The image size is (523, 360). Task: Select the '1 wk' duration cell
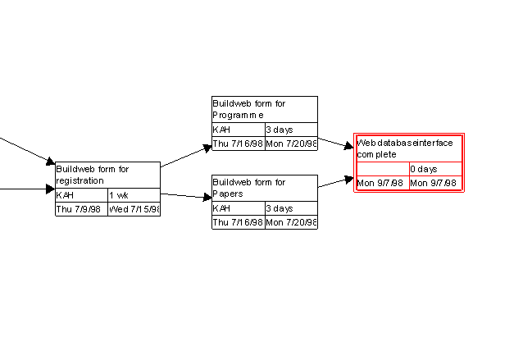pos(134,196)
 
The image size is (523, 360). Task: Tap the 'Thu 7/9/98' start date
pos(80,209)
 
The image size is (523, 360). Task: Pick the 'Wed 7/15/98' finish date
pos(134,209)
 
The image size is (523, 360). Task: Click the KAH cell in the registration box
pos(80,196)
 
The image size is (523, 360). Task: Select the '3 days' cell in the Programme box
pos(290,130)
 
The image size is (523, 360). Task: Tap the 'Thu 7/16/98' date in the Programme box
pos(238,144)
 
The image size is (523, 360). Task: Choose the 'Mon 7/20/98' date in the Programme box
pos(290,144)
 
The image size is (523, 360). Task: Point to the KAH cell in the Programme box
pos(238,130)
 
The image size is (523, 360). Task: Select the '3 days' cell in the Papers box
pos(290,209)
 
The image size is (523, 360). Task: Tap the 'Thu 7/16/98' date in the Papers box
pos(238,222)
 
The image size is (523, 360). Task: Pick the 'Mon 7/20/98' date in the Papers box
pos(290,222)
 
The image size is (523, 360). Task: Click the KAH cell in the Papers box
pos(238,209)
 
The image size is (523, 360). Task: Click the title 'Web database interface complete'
pos(409,148)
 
